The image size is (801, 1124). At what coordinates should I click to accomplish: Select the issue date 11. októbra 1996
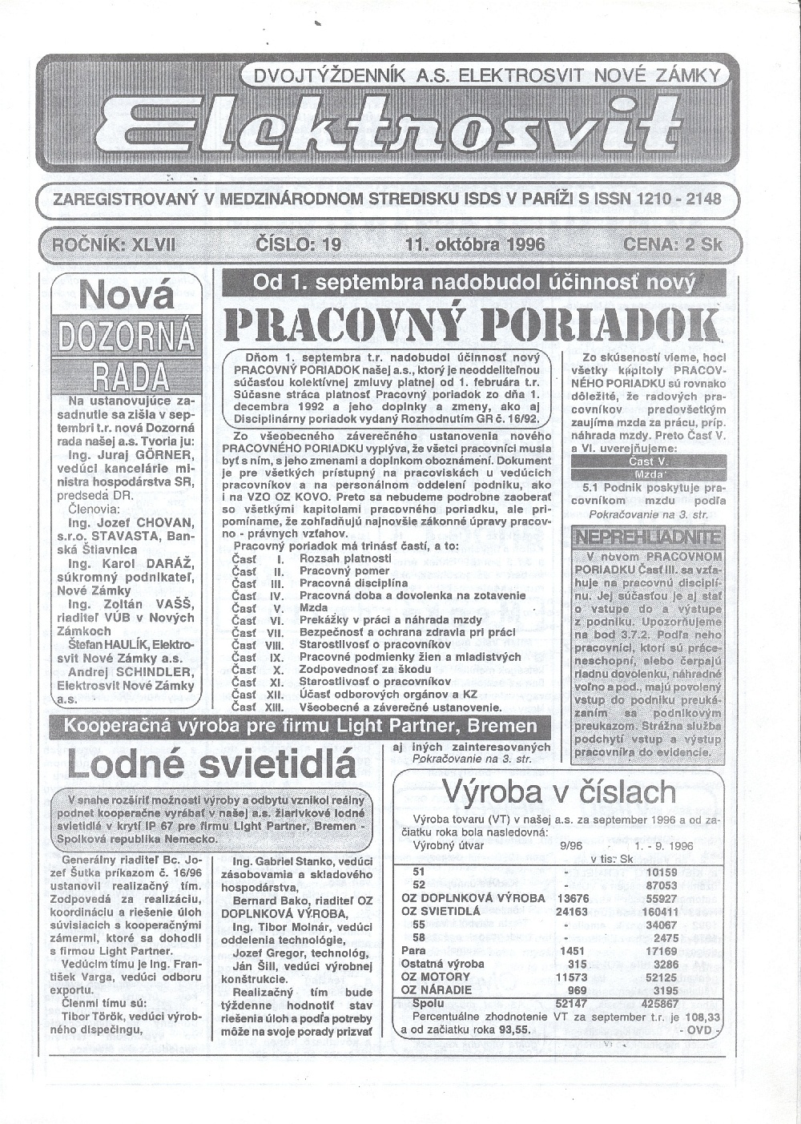pos(475,244)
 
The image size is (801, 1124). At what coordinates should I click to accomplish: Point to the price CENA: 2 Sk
pos(674,244)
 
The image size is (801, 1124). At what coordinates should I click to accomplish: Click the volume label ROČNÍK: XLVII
pos(114,244)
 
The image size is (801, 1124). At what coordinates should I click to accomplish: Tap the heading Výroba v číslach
pos(559,792)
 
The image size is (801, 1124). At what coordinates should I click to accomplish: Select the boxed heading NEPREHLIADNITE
pos(648,536)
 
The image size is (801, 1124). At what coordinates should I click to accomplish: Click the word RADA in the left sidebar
pos(130,374)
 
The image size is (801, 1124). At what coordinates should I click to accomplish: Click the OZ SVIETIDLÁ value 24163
pos(571,911)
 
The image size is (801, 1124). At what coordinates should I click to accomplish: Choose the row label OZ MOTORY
pos(436,977)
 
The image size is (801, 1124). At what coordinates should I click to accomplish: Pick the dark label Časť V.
pos(650,461)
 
